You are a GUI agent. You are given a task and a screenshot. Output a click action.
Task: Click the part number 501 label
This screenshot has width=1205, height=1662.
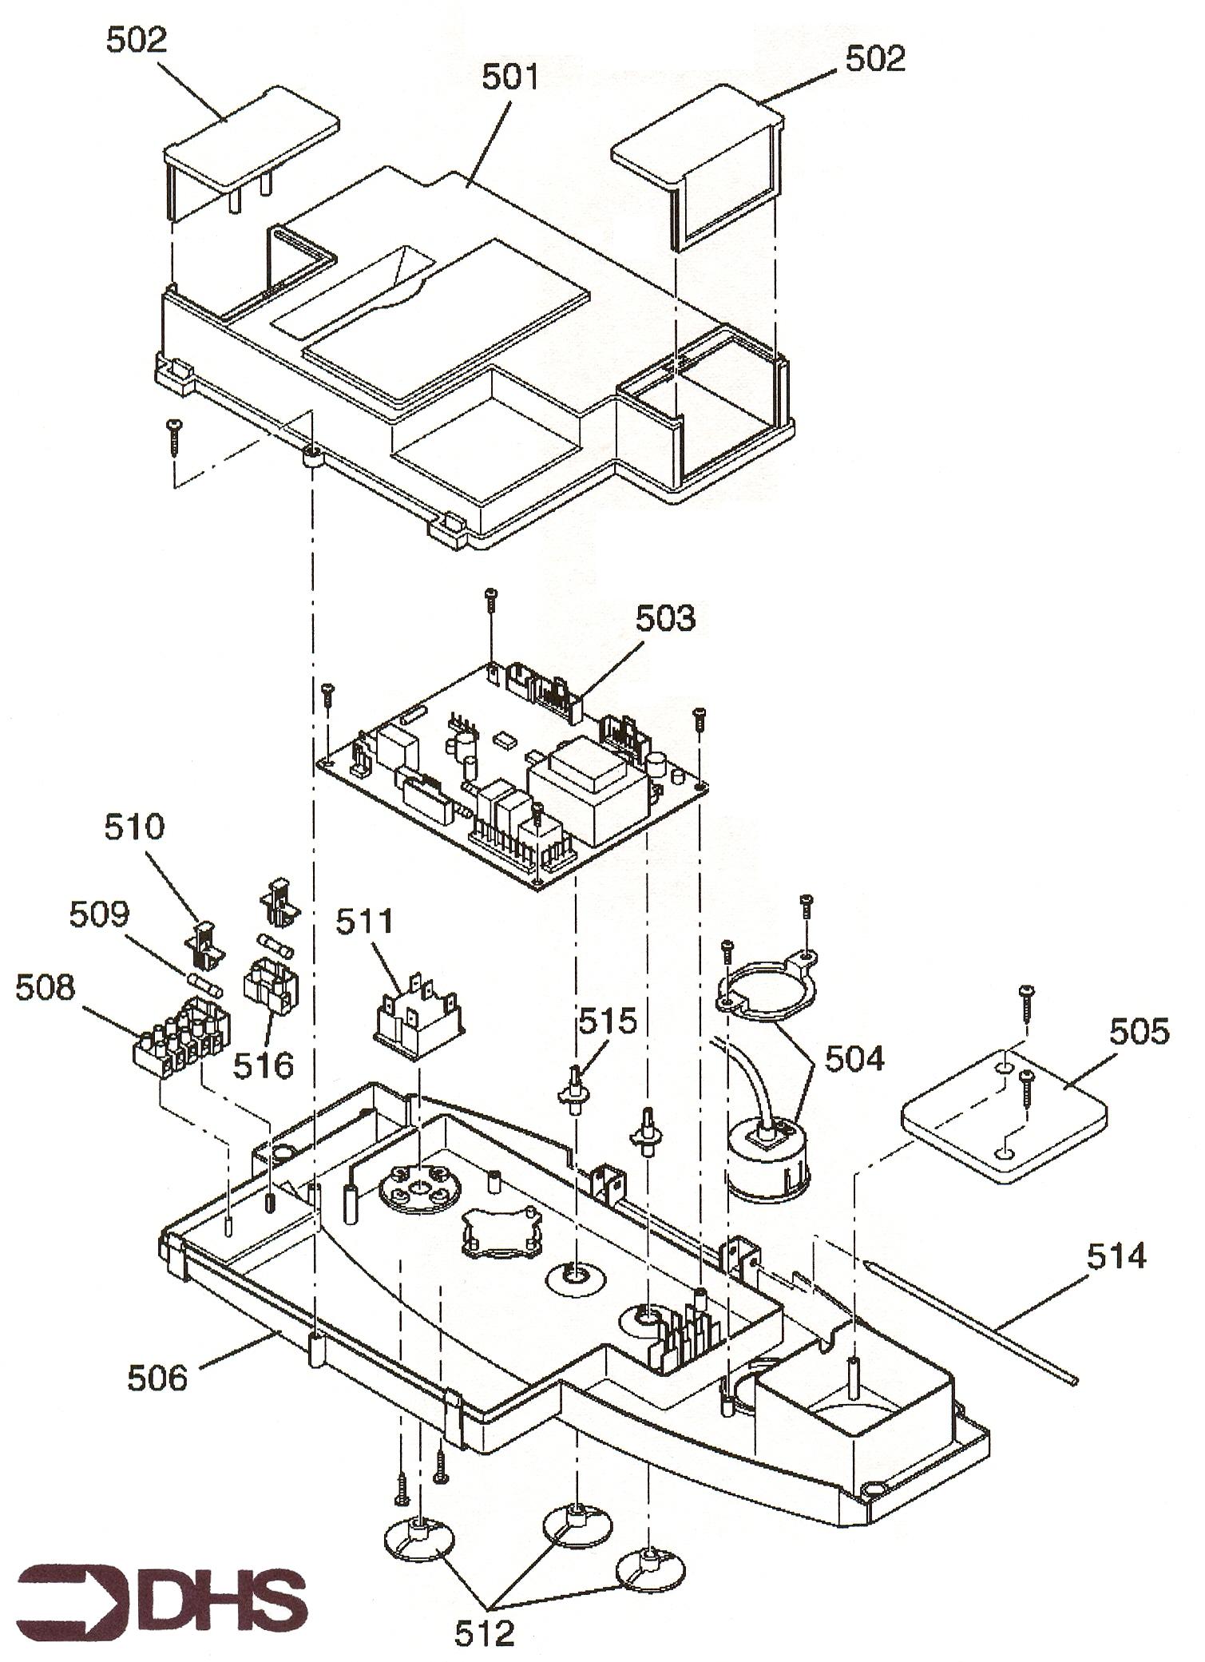(510, 78)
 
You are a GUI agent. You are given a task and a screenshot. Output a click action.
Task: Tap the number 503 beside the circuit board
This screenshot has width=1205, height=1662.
(665, 619)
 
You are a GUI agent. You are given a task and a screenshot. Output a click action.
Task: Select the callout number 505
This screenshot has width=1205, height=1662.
(1139, 1032)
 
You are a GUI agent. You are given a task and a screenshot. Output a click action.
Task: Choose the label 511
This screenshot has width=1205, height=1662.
(364, 922)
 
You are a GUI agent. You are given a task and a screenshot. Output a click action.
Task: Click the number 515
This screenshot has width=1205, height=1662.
(608, 1021)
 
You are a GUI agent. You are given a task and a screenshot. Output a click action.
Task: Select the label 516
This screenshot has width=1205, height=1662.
(264, 1065)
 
